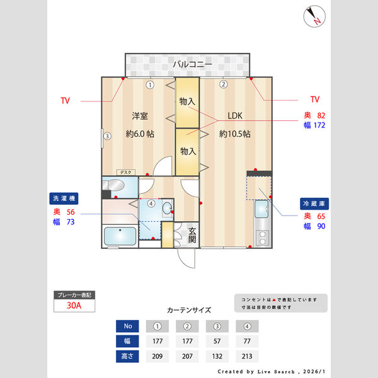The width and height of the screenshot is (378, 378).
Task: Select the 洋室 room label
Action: [140, 116]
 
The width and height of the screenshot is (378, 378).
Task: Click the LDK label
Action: [235, 116]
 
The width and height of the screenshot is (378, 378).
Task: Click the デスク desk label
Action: [125, 171]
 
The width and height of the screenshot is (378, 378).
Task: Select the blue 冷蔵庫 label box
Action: [314, 204]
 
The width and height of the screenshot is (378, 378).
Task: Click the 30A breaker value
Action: [74, 306]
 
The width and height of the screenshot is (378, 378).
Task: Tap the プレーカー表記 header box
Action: [74, 295]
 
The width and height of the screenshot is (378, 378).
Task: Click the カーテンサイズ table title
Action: [189, 310]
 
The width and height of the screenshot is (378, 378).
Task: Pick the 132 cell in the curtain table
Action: [217, 356]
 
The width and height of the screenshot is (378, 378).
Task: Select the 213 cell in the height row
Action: [248, 356]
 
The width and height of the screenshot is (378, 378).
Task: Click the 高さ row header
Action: [128, 356]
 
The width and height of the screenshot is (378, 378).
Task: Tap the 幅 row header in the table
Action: [128, 341]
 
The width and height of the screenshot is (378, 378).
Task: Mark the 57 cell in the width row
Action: [217, 341]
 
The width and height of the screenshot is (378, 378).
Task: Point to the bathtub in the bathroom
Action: [119, 237]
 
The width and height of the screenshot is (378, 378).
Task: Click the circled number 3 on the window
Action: [108, 135]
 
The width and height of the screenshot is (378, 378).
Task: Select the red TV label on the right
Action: [315, 100]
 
